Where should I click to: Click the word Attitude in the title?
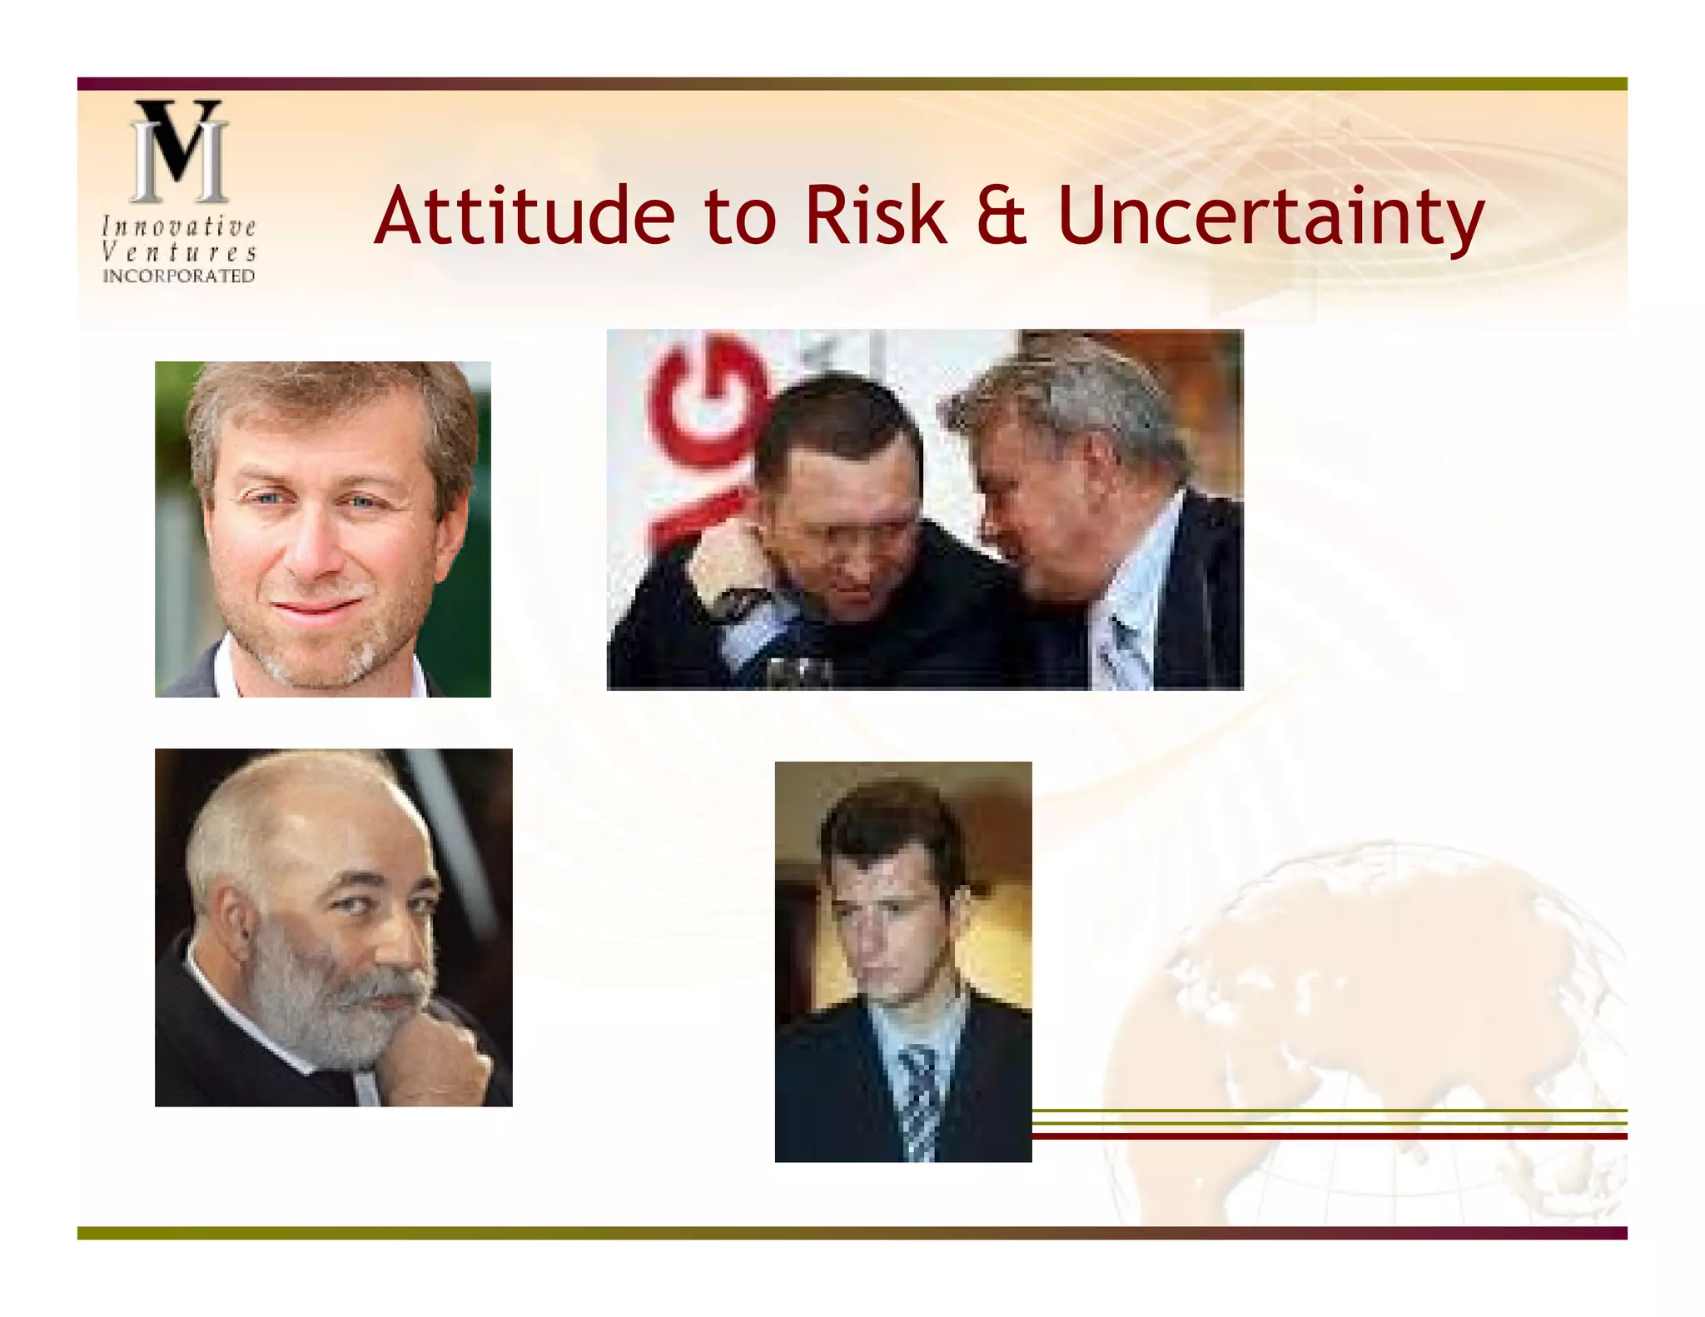tap(524, 216)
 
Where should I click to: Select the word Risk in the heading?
tap(875, 216)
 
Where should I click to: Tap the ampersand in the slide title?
tap(1001, 216)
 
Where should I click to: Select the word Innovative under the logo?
tap(179, 226)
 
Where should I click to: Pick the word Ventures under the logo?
tap(179, 251)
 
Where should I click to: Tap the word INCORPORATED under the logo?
tap(179, 276)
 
